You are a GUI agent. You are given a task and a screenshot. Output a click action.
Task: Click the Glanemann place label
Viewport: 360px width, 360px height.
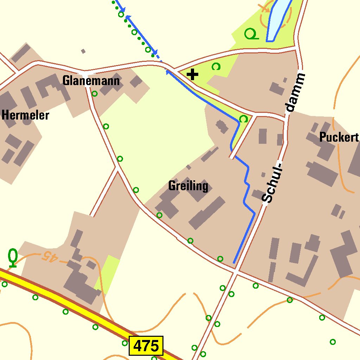(91, 81)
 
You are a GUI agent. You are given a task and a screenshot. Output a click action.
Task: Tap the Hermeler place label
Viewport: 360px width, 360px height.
(25, 115)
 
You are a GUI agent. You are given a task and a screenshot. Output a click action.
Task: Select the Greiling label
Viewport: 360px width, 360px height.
(188, 186)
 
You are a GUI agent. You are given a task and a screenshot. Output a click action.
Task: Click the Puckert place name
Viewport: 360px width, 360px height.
(339, 137)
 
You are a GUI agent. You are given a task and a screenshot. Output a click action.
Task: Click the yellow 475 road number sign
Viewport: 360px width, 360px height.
(146, 346)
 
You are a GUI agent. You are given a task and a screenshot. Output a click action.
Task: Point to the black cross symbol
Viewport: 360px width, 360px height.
(192, 75)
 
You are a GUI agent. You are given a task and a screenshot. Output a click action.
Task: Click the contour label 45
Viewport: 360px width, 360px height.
(49, 257)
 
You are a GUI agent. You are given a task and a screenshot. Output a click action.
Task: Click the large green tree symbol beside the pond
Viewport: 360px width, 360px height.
(251, 34)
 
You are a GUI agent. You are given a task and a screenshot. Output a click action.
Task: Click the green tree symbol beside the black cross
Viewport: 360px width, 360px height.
(216, 66)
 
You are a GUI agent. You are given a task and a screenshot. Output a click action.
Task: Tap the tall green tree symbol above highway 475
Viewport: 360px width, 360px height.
(13, 257)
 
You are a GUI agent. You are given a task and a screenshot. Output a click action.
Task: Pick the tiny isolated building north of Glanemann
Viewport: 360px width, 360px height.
(83, 51)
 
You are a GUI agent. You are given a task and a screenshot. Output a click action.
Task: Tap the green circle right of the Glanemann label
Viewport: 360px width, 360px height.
(95, 94)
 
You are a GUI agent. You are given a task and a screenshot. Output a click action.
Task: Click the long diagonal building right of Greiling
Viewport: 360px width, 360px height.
(207, 213)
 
